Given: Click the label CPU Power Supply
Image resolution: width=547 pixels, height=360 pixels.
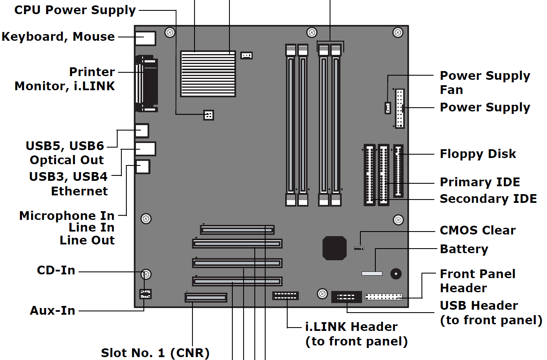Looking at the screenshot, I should [x=75, y=10].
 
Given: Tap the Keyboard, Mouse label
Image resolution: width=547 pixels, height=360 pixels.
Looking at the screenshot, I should [x=58, y=37].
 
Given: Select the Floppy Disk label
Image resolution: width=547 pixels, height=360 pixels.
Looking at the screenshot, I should [x=478, y=154].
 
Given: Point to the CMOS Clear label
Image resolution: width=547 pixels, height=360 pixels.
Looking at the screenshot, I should [x=478, y=230].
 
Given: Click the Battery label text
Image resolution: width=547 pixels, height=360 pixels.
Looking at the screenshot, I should [x=464, y=249].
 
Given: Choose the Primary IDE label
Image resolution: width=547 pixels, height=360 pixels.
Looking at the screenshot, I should [x=480, y=182].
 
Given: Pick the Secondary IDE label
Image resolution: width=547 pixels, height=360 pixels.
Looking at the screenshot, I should [x=488, y=199].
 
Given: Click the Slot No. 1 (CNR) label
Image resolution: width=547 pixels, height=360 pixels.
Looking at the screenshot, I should [x=155, y=353].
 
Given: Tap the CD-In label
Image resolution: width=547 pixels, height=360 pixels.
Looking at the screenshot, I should [x=56, y=271].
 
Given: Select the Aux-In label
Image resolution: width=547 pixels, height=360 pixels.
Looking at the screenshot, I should [x=53, y=311].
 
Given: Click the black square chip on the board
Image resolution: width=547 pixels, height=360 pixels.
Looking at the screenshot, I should [x=335, y=248].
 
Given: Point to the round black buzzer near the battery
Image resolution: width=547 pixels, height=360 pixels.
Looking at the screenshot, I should [x=396, y=274].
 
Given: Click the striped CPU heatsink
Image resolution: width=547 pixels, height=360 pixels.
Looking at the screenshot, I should [x=208, y=74].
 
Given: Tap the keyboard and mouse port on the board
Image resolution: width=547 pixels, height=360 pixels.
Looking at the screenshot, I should [x=145, y=38].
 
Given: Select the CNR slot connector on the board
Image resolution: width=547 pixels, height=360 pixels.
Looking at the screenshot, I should [x=206, y=298].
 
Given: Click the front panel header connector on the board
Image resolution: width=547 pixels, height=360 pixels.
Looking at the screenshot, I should [x=383, y=297].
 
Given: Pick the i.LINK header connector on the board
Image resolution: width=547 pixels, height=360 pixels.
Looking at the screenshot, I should [x=286, y=296].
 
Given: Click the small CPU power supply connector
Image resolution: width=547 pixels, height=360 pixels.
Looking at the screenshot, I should [x=208, y=115].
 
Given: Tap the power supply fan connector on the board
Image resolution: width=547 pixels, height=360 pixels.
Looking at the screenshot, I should [x=387, y=108].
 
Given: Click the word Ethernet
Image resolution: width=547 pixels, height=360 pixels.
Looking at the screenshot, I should [x=79, y=191].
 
